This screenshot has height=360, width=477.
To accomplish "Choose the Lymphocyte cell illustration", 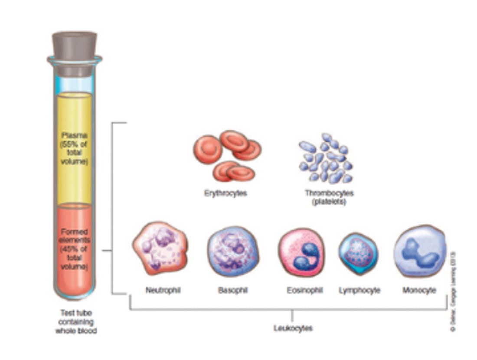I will [x=358, y=253].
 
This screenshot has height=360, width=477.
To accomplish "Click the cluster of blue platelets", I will [x=326, y=159].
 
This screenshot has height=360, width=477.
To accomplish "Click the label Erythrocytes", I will [x=225, y=193].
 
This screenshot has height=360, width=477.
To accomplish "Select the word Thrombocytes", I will [x=329, y=193].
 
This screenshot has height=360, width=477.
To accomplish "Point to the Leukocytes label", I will [x=293, y=328].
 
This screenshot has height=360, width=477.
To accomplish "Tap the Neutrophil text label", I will [x=163, y=290].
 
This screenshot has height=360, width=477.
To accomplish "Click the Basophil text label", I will [x=233, y=290].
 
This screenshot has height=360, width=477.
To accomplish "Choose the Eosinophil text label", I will [x=304, y=290].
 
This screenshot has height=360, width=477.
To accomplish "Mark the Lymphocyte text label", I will [x=359, y=290].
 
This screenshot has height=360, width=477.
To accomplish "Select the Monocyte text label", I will [x=419, y=290].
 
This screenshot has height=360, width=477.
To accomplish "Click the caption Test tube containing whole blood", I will [x=76, y=321].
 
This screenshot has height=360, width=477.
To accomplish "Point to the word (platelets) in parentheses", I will [x=329, y=202].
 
